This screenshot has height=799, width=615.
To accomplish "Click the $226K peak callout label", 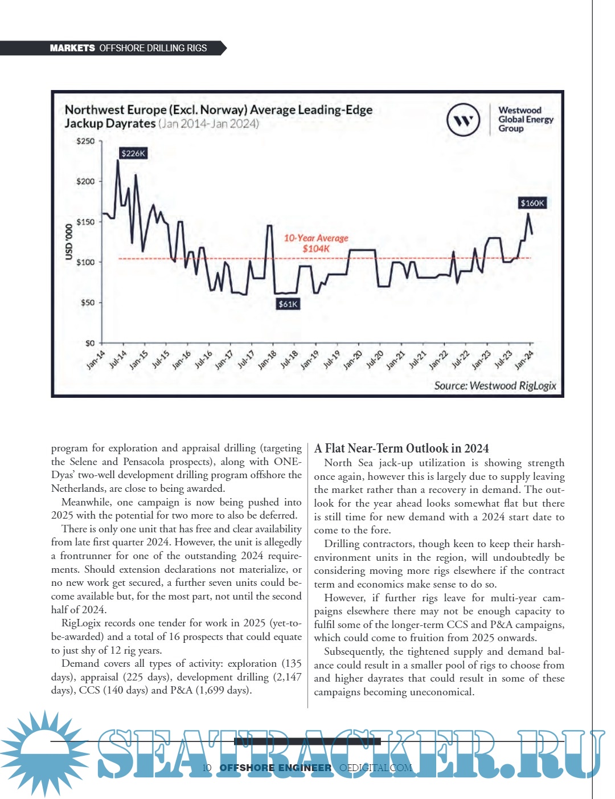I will tap(134, 153).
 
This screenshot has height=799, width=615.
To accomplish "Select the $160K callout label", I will tap(532, 203).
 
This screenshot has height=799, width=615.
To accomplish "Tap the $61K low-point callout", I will tap(288, 304).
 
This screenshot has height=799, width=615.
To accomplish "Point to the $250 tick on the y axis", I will tap(86, 141).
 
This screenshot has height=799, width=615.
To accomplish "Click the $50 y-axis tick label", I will tap(87, 303).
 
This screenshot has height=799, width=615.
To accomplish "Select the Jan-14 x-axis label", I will tap(96, 360).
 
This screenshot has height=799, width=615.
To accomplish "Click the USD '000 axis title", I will tap(69, 242).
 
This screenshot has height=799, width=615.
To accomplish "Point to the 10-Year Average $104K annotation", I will tap(316, 243).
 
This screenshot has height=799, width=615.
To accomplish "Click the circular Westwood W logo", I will tap(464, 120).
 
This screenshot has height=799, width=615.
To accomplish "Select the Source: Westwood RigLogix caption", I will tap(495, 386).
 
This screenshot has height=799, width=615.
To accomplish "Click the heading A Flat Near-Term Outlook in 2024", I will tap(401, 449).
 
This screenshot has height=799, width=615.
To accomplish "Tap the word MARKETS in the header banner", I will tap(72, 48).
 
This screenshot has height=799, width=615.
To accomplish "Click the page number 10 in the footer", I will tap(207, 768).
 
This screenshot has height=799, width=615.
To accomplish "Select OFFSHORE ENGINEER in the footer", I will tap(276, 768).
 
